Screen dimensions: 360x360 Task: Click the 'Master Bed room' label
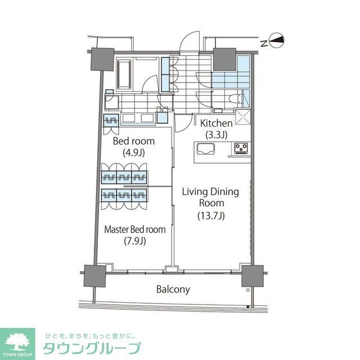click(x=136, y=229)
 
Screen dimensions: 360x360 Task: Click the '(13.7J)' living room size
click(x=210, y=214)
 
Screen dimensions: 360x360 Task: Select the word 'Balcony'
click(x=173, y=290)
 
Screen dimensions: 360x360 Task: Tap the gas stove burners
click(x=242, y=148)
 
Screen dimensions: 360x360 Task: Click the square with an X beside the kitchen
click(x=243, y=116)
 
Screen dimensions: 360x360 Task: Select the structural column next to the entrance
click(x=224, y=57)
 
